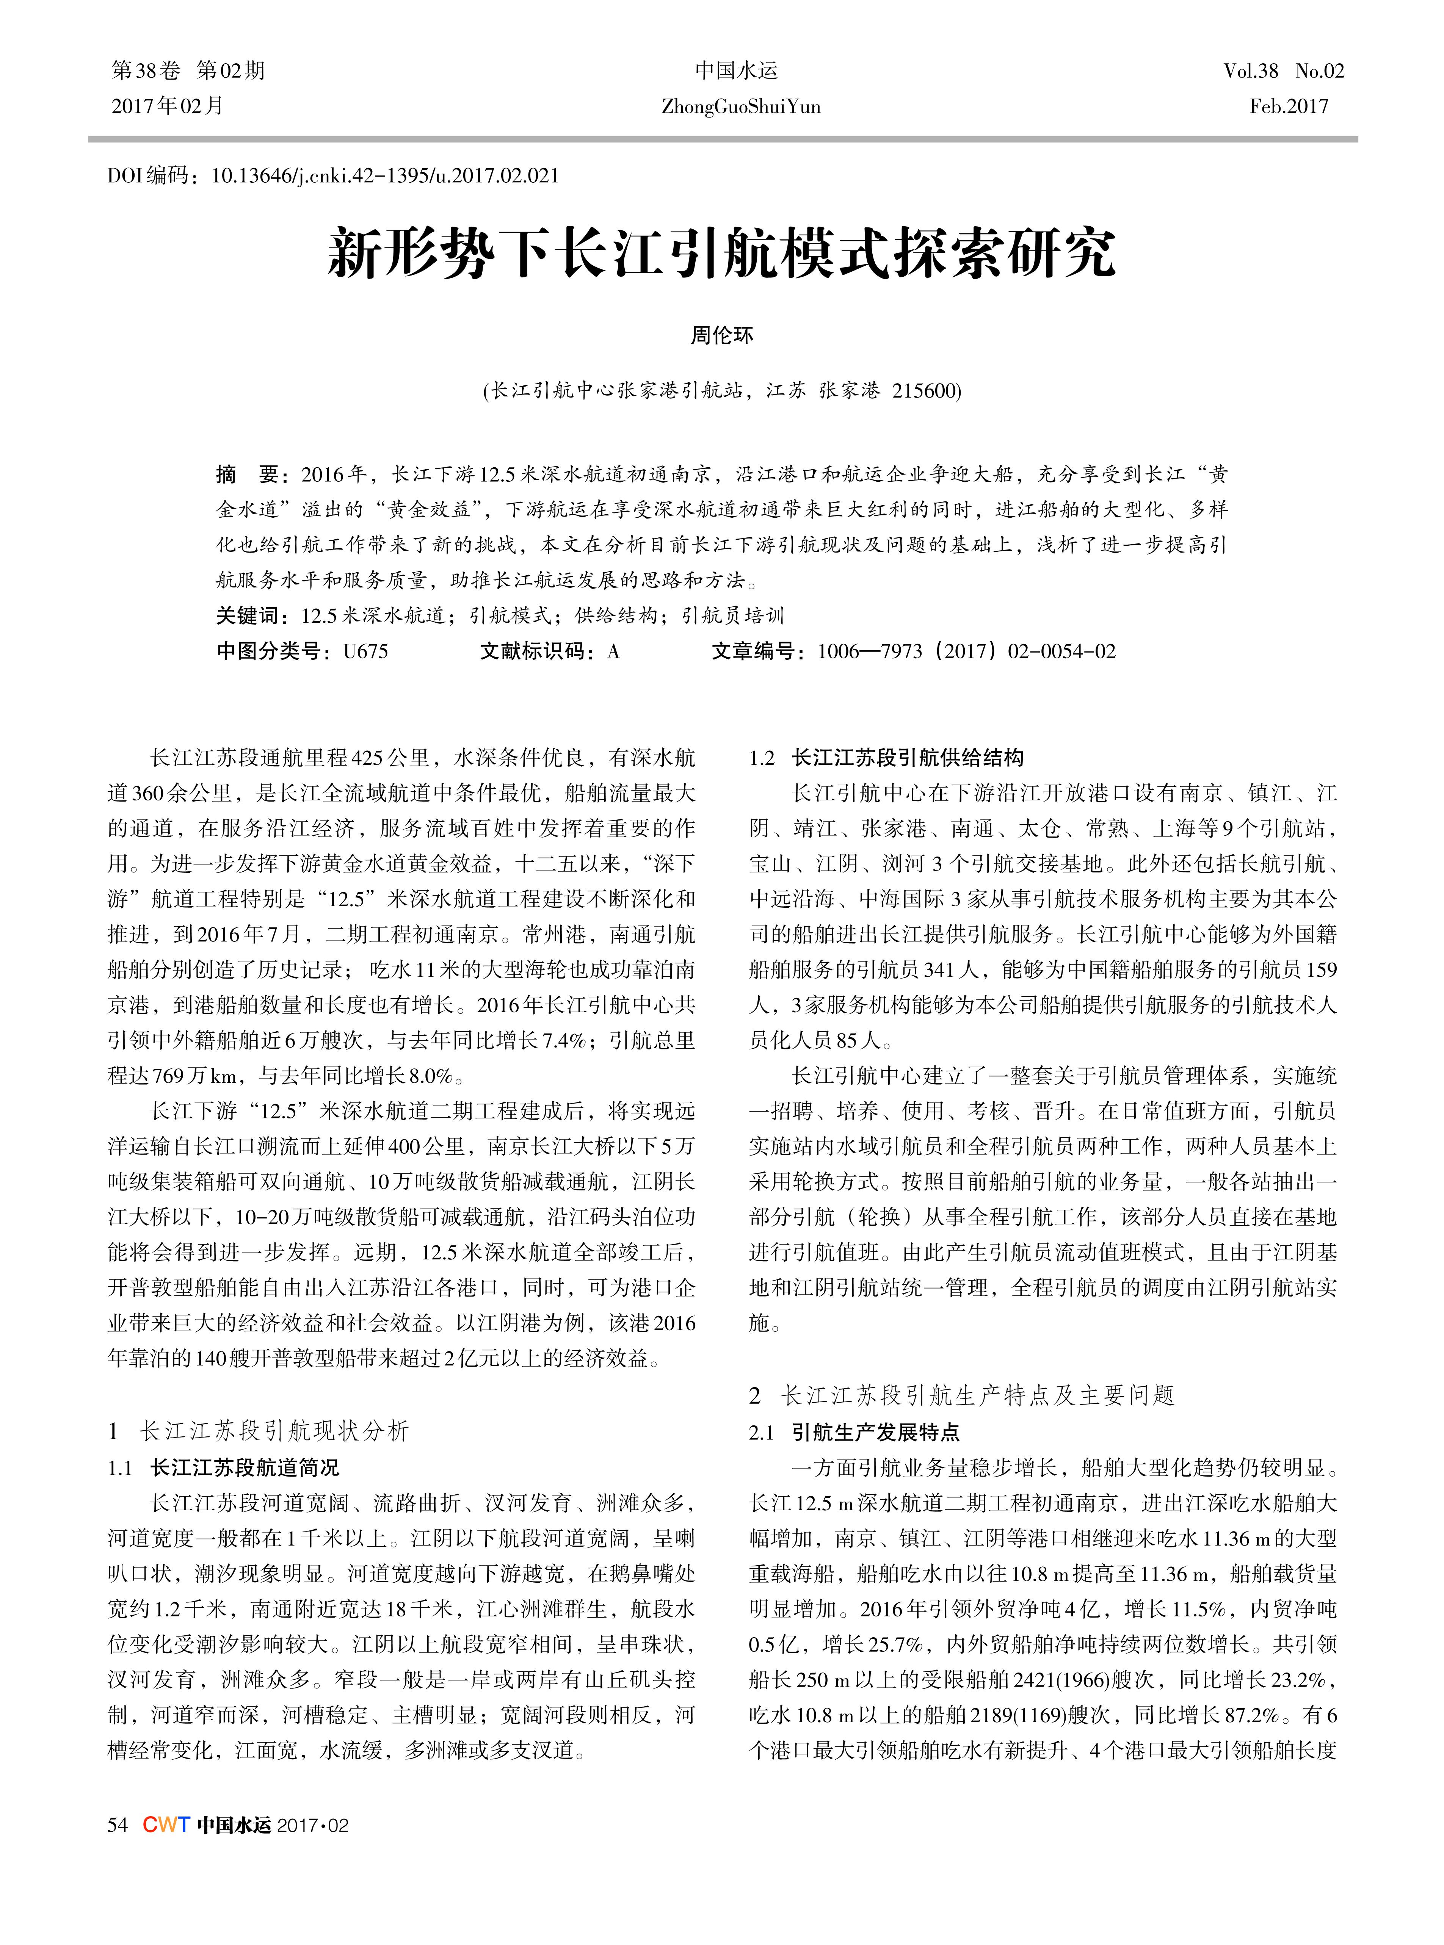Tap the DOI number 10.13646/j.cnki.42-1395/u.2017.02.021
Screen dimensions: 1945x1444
click(x=386, y=175)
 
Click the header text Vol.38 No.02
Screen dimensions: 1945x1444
click(x=1283, y=71)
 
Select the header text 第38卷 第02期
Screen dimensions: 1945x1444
click(x=188, y=71)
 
